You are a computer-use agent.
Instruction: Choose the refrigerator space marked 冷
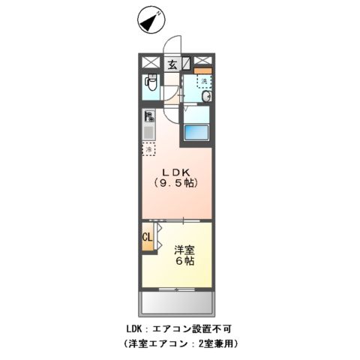(x=148, y=150)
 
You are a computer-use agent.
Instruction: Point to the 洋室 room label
(x=185, y=250)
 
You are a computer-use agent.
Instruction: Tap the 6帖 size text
(x=185, y=262)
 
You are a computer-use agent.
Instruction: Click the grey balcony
(x=177, y=302)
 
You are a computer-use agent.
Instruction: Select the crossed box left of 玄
(x=149, y=63)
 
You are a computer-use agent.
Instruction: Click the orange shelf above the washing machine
(x=204, y=71)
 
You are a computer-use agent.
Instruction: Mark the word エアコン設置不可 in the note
(x=194, y=328)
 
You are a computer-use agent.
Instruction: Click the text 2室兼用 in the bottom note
(x=215, y=343)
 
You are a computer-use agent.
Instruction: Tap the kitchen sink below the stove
(x=148, y=133)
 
